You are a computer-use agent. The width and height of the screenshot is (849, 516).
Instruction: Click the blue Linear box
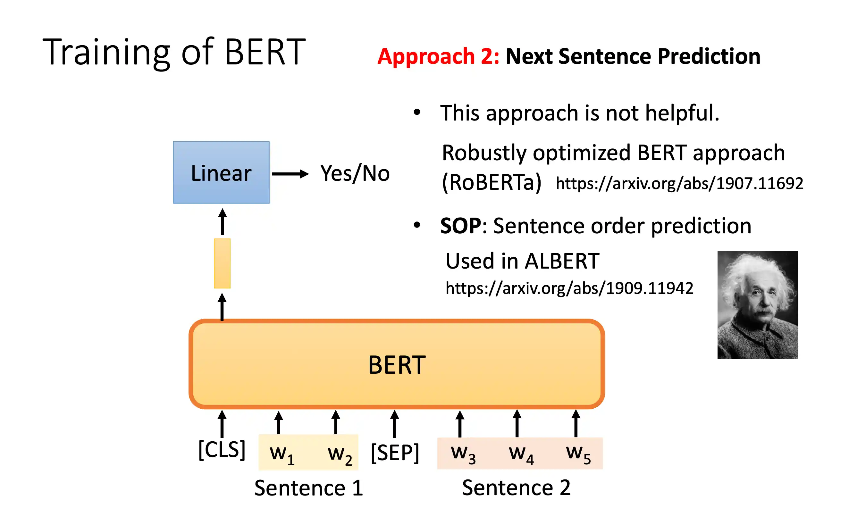click(221, 172)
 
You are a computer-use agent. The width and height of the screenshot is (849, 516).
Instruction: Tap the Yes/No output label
click(355, 173)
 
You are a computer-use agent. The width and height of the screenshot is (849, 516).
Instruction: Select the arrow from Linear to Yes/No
click(290, 174)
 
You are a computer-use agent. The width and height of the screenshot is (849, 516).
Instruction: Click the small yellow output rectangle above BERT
click(222, 263)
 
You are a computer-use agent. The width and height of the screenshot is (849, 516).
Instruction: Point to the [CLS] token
click(222, 450)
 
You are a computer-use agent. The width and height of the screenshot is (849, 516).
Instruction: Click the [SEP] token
click(395, 453)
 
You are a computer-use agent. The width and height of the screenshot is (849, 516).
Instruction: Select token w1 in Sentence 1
click(282, 454)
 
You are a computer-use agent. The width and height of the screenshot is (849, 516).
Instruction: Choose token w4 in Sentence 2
click(521, 454)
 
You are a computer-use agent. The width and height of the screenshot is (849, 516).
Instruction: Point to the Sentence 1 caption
click(309, 488)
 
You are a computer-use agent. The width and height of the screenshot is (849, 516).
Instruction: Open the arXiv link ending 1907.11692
click(679, 183)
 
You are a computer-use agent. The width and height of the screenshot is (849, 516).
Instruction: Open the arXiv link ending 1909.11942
click(569, 288)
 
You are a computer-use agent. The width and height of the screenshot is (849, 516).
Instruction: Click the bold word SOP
click(461, 226)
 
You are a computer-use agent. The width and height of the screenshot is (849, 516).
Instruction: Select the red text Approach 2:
click(438, 56)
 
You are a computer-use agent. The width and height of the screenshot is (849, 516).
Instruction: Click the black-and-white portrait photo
click(758, 305)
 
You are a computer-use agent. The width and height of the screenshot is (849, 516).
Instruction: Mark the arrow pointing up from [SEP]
click(395, 424)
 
